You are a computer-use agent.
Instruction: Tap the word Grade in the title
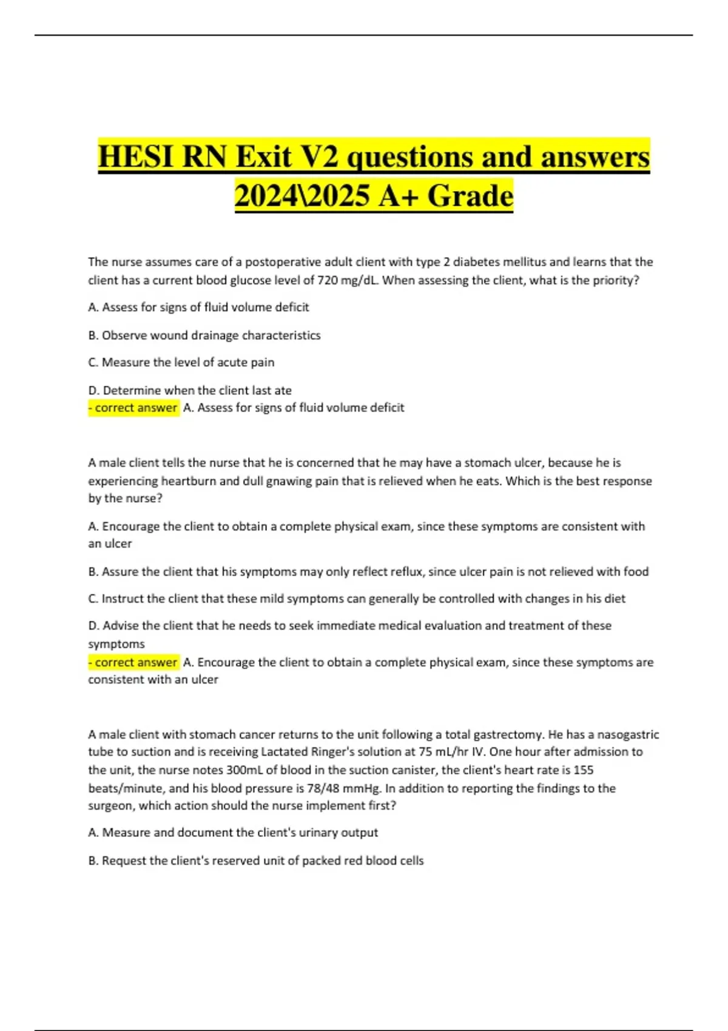point(470,196)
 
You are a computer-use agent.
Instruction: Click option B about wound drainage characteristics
point(204,335)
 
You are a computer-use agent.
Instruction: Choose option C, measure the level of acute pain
point(181,363)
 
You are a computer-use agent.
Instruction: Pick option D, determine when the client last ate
point(190,390)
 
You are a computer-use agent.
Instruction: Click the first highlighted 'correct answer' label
point(133,408)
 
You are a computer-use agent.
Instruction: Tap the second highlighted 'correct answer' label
point(133,662)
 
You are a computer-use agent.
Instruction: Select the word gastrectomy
point(508,734)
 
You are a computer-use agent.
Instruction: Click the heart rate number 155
point(583,770)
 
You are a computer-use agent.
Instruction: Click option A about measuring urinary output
point(233,833)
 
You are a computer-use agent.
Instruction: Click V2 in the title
point(318,157)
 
